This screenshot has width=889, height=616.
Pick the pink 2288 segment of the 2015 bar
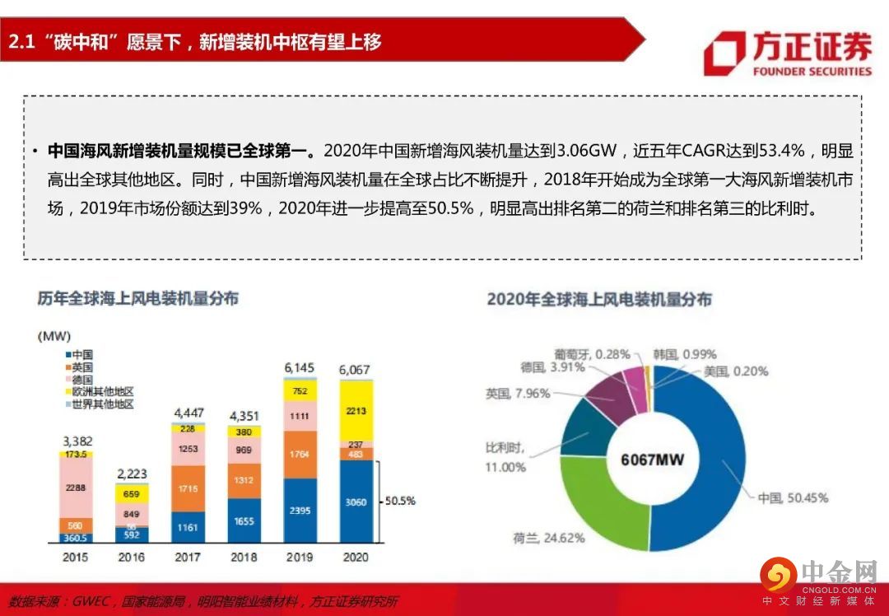pyautogui.click(x=76, y=488)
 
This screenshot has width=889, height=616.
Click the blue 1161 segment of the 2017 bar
pyautogui.click(x=188, y=526)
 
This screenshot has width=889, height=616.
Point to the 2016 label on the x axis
pyautogui.click(x=132, y=558)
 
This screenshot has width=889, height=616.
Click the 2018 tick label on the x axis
pyautogui.click(x=244, y=558)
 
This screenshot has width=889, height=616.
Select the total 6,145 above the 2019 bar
pyautogui.click(x=300, y=367)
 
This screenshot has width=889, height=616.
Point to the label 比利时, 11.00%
pyautogui.click(x=505, y=457)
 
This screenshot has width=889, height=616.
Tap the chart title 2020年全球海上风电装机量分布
pyautogui.click(x=598, y=299)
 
